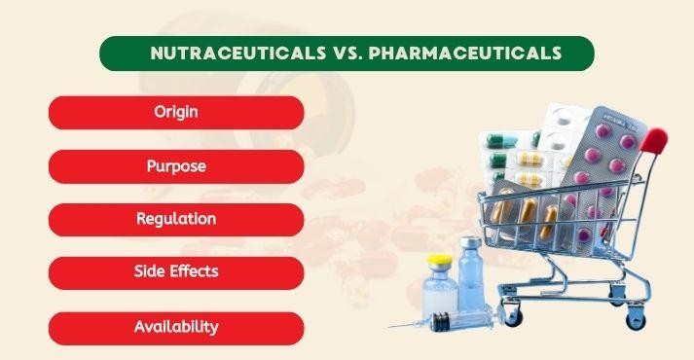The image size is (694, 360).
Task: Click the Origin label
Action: pos(176,112)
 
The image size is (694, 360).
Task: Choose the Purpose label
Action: pos(176,165)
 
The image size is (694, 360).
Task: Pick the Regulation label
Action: pos(176,219)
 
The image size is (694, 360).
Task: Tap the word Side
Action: pos(153,271)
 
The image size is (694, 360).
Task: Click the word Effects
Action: pos(196,271)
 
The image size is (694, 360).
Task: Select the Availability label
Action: pos(176,327)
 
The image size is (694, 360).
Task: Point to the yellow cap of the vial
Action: pos(442,261)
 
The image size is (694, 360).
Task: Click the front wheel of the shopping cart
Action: pos(513,316)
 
